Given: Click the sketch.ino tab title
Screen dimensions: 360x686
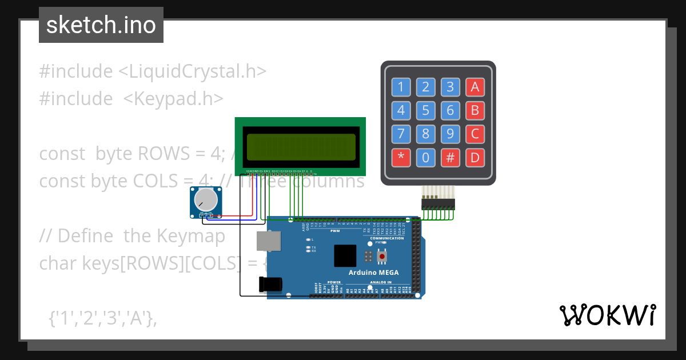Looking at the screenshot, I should [101, 25].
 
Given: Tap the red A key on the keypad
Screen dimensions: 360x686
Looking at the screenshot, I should [475, 87].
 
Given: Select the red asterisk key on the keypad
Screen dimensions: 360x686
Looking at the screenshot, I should [401, 157].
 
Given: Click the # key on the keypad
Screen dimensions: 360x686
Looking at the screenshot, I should [450, 157].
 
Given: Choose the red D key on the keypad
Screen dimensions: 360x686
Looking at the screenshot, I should [475, 157].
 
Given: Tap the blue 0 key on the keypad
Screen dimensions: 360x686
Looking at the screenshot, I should [425, 157].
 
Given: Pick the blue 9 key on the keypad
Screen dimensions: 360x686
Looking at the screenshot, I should [450, 134].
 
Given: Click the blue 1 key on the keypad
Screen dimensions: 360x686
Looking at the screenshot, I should [401, 87].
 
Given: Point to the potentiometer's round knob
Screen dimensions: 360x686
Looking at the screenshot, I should [206, 200].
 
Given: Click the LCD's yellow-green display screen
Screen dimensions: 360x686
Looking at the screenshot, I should [300, 147].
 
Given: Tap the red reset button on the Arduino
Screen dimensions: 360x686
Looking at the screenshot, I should [382, 257].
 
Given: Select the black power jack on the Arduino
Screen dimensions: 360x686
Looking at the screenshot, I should [272, 284].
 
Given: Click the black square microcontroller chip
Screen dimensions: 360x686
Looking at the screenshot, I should [345, 255].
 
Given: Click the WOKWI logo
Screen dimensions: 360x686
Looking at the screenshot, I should [607, 315].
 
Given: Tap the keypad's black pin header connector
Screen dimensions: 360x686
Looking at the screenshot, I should [437, 203].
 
